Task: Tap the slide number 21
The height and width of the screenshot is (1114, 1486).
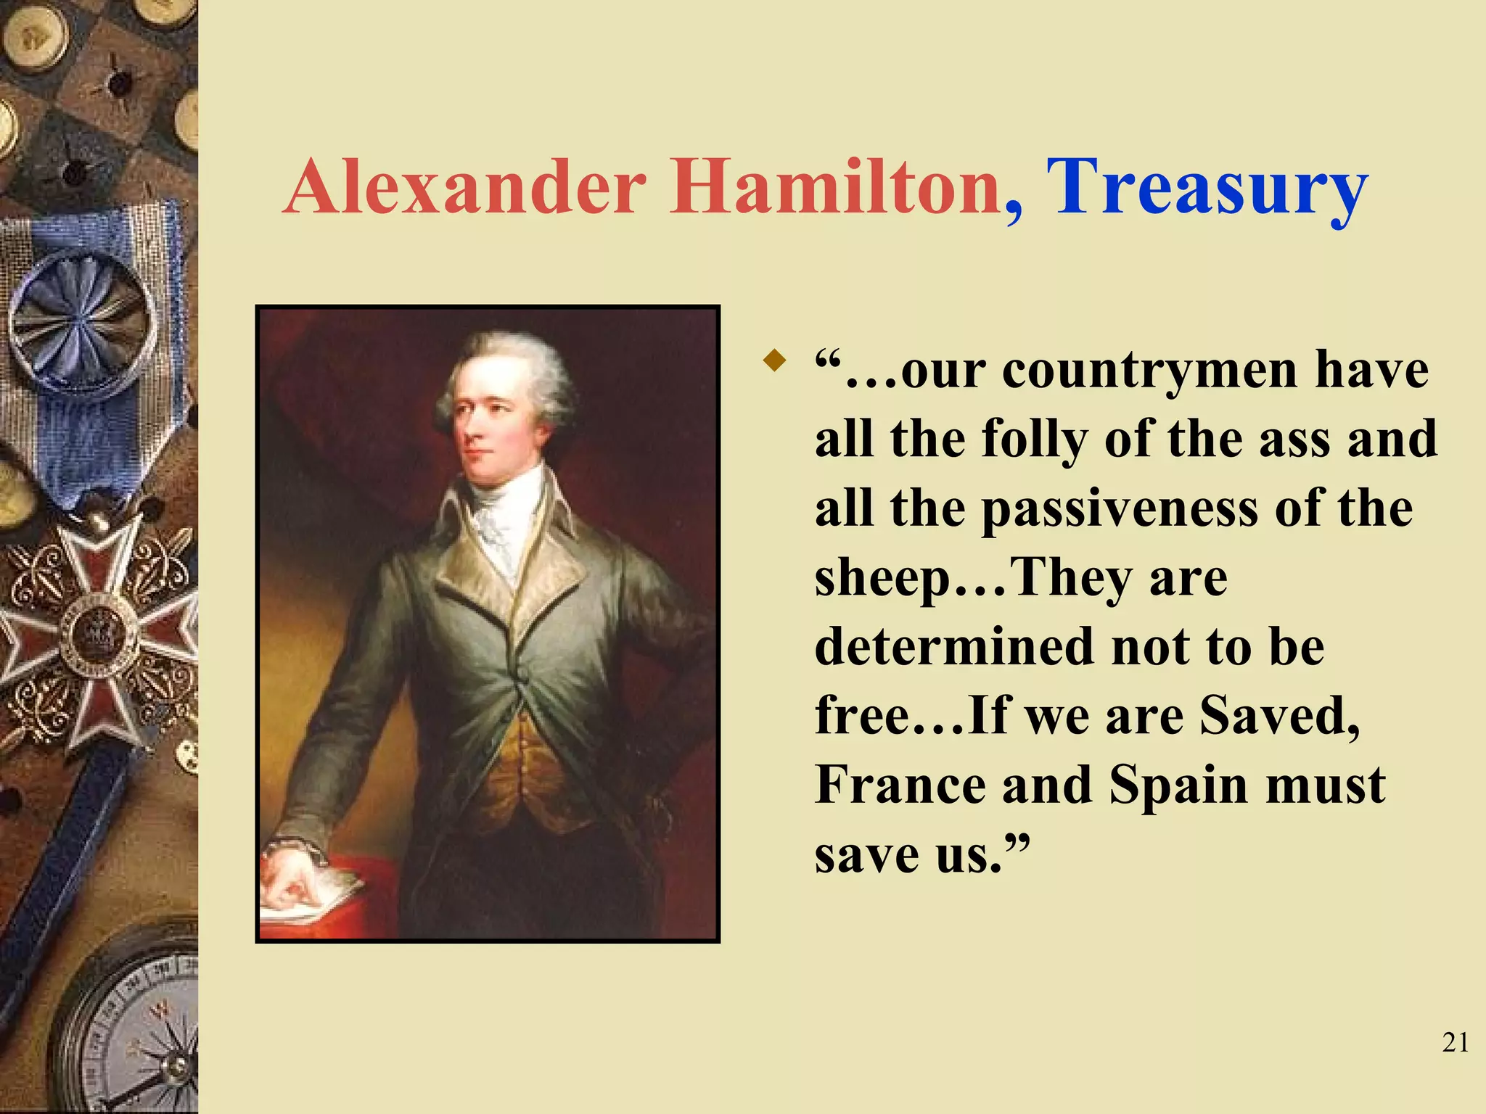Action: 1455,1042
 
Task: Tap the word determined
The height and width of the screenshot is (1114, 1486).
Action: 954,646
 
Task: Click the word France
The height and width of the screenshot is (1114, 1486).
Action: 900,785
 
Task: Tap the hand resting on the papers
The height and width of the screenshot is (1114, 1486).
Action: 294,874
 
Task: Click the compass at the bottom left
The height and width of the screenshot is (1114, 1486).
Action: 138,1037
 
